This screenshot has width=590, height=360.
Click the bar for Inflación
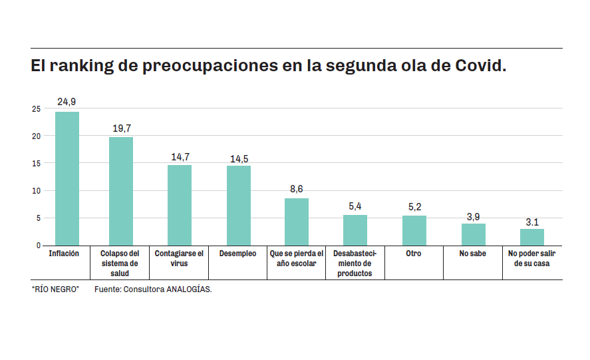coord(67,178)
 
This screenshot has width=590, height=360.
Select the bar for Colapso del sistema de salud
coord(121,192)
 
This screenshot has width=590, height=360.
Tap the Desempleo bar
coord(239,206)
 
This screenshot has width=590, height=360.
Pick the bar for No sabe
coord(474,235)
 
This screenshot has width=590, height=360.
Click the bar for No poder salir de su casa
coord(532,238)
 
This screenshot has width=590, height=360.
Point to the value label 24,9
coord(67,102)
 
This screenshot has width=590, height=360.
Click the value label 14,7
coord(180,157)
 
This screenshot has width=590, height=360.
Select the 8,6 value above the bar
coord(297,190)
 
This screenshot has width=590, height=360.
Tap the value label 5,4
coord(355,206)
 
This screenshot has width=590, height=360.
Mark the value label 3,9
coord(473,216)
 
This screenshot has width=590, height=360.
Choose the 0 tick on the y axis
coord(39,246)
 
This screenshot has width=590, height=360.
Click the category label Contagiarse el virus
coord(179,258)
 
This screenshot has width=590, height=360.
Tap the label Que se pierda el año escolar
coord(297,258)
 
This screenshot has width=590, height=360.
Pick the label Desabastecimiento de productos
coord(355,263)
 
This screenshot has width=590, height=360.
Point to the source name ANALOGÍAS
coord(190,289)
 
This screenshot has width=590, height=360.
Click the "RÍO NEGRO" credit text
coord(56,289)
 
